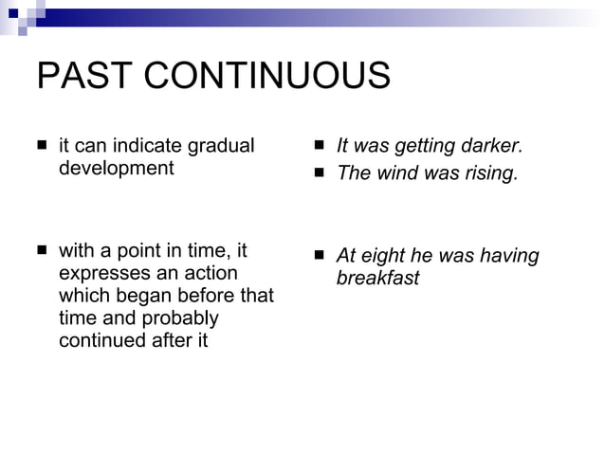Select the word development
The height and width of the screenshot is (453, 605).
coord(117,168)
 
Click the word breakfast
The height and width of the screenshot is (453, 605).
coord(377,279)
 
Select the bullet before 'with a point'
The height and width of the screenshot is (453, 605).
coord(42,252)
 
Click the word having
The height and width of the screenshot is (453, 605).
coord(508,256)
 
